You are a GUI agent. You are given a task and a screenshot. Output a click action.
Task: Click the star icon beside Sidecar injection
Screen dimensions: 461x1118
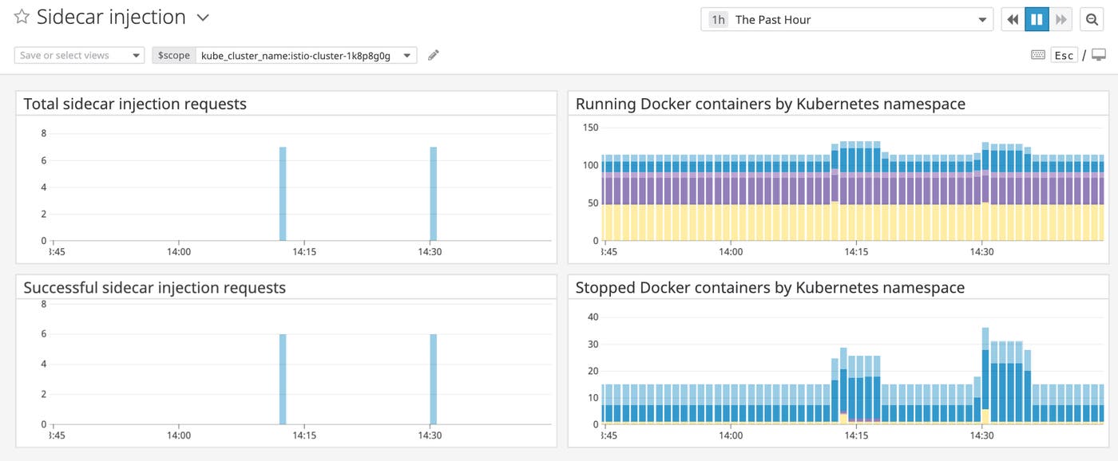22,17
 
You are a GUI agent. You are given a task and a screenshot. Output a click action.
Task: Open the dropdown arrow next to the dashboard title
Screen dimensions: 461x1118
203,18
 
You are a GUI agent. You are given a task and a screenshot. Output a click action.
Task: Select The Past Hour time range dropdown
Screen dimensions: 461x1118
846,20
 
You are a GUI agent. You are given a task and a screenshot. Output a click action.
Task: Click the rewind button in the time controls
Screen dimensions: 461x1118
1013,20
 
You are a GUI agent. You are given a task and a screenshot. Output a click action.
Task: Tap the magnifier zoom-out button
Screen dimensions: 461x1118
1091,20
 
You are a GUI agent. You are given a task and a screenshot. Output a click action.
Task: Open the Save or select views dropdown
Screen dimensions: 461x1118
79,55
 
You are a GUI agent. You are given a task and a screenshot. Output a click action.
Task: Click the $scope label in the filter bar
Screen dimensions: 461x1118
174,55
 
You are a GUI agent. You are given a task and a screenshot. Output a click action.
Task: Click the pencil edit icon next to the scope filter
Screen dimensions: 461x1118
434,55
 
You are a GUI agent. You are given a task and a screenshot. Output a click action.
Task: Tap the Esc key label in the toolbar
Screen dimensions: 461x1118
1064,55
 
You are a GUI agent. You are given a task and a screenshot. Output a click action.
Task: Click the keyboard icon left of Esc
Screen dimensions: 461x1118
1038,55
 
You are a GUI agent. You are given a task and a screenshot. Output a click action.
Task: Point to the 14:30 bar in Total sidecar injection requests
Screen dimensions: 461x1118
434,194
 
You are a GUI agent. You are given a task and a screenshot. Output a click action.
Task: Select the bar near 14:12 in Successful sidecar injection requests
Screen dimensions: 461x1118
283,379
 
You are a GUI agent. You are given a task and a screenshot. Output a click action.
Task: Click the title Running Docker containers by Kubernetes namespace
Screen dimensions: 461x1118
770,104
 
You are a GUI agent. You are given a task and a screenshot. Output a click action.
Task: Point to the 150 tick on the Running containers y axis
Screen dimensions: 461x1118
590,128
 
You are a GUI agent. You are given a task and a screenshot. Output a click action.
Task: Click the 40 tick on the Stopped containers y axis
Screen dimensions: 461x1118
593,317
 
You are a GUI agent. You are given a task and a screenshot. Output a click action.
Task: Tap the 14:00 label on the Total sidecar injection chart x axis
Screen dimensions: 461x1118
178,252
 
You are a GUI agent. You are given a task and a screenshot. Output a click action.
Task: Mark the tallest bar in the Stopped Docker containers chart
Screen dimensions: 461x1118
985,375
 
